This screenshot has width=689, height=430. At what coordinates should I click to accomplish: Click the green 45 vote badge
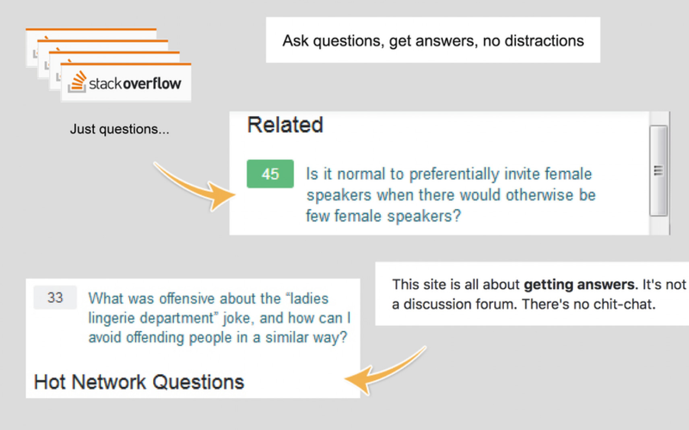(x=270, y=174)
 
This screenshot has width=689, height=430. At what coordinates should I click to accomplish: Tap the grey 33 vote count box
(x=55, y=297)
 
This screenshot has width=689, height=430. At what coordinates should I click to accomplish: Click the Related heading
(x=285, y=125)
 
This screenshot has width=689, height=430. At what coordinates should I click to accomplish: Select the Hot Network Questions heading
(x=139, y=382)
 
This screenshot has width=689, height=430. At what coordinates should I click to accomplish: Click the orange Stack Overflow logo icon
(x=78, y=82)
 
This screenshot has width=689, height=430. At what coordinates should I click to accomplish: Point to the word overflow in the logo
(x=152, y=84)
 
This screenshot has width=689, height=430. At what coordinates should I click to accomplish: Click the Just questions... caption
(x=120, y=129)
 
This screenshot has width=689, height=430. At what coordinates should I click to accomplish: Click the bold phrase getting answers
(x=579, y=285)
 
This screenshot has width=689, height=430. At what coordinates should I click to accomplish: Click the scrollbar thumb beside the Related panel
(x=658, y=171)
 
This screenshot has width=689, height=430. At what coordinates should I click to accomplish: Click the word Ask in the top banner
(x=295, y=41)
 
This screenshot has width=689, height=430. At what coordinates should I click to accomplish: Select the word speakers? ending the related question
(x=424, y=216)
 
